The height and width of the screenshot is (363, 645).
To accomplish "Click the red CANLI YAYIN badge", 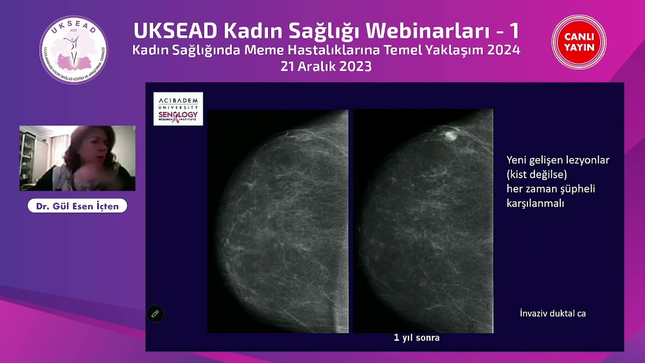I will pyautogui.click(x=579, y=42).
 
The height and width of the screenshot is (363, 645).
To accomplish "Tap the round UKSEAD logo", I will pyautogui.click(x=74, y=49).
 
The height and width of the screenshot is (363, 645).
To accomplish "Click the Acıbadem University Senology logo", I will pyautogui.click(x=178, y=108).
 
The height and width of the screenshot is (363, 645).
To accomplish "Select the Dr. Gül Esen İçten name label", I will pyautogui.click(x=77, y=206).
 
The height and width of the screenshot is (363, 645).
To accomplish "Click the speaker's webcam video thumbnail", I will pyautogui.click(x=77, y=158).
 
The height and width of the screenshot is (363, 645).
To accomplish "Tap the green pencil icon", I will pyautogui.click(x=155, y=314).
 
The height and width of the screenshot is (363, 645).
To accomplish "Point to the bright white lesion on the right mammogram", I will pyautogui.click(x=450, y=135).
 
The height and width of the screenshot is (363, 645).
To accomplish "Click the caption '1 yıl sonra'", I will pyautogui.click(x=417, y=338).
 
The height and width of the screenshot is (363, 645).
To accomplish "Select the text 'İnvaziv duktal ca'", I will pyautogui.click(x=553, y=314).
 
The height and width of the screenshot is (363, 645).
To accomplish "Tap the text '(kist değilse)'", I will pyautogui.click(x=537, y=174).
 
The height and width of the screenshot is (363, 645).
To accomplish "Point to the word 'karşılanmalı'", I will pyautogui.click(x=535, y=203).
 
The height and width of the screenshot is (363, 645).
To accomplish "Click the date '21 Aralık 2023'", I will pyautogui.click(x=326, y=67).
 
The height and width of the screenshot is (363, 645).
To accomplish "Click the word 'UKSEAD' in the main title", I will pyautogui.click(x=175, y=31).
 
